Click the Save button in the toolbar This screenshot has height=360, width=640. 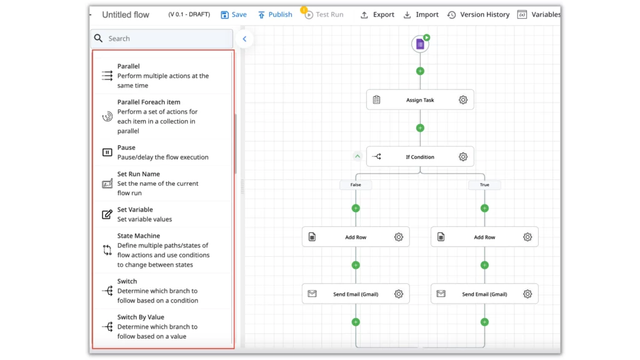pyautogui.click(x=234, y=15)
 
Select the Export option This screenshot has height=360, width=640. pyautogui.click(x=377, y=15)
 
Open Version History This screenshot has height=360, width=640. pyautogui.click(x=478, y=15)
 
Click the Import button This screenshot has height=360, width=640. pyautogui.click(x=421, y=15)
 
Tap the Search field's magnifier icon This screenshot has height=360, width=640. pyautogui.click(x=98, y=38)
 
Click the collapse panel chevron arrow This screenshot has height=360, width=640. pyautogui.click(x=244, y=39)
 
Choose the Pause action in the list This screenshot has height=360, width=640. pyautogui.click(x=162, y=152)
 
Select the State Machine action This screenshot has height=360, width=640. pyautogui.click(x=162, y=250)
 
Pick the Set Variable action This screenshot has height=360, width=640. pyautogui.click(x=162, y=214)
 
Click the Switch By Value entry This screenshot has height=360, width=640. pyautogui.click(x=162, y=326)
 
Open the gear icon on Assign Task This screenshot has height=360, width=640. pyautogui.click(x=463, y=100)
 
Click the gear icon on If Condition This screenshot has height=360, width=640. pyautogui.click(x=463, y=157)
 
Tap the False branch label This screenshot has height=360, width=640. pyautogui.click(x=356, y=185)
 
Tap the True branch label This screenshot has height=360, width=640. pyautogui.click(x=484, y=185)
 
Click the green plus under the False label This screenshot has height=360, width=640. pyautogui.click(x=356, y=208)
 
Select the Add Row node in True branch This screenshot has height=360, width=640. pyautogui.click(x=484, y=237)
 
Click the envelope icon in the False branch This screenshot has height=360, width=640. pyautogui.click(x=312, y=294)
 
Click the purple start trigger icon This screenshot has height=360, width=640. pyautogui.click(x=420, y=44)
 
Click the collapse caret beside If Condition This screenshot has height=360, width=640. pyautogui.click(x=357, y=156)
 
